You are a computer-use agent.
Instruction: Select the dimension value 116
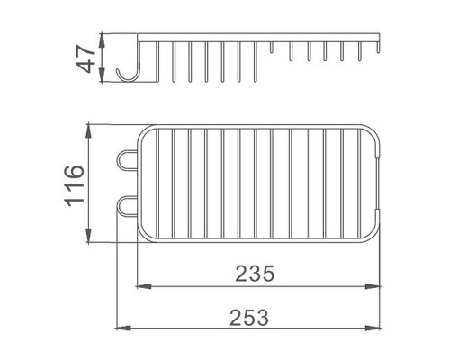75,185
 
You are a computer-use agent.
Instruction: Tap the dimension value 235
255,274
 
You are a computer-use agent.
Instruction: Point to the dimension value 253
249,318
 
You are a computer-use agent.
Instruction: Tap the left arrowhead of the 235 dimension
143,286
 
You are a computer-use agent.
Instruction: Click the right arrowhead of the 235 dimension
373,286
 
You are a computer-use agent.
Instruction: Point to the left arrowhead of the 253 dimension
122,328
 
